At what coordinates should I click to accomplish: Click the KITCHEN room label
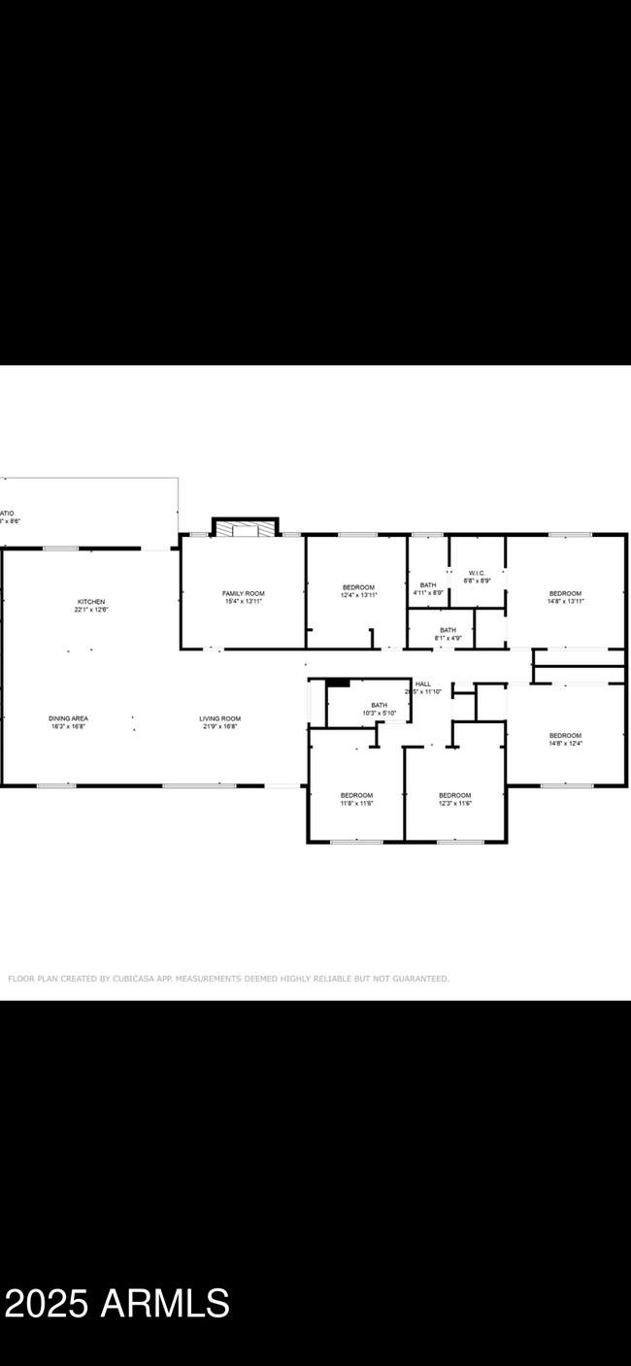[91, 602]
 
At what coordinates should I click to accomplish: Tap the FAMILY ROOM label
[243, 593]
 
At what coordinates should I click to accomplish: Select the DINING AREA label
[69, 718]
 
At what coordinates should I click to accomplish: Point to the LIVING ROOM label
[220, 718]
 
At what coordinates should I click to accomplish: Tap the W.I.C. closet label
[476, 573]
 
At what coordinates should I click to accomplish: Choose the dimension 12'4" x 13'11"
[358, 595]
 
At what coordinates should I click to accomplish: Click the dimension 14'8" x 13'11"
[565, 602]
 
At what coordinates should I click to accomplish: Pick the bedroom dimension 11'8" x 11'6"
[356, 803]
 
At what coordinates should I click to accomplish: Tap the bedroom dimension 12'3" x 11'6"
[454, 803]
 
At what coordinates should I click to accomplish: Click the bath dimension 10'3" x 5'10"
[379, 713]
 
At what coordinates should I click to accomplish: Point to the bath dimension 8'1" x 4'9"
[447, 638]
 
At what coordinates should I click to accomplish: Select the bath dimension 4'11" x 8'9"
[427, 593]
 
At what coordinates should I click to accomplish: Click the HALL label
[423, 683]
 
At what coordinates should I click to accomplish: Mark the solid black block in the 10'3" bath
[338, 683]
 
